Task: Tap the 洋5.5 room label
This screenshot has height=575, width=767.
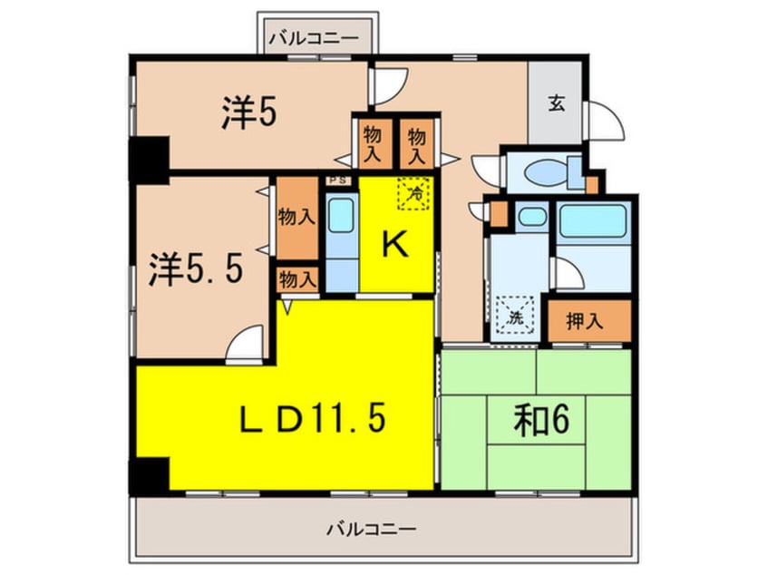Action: [195, 269]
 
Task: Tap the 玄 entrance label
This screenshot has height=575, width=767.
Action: [555, 103]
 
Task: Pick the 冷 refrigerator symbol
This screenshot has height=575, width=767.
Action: [413, 192]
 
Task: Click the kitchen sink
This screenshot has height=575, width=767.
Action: [341, 217]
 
